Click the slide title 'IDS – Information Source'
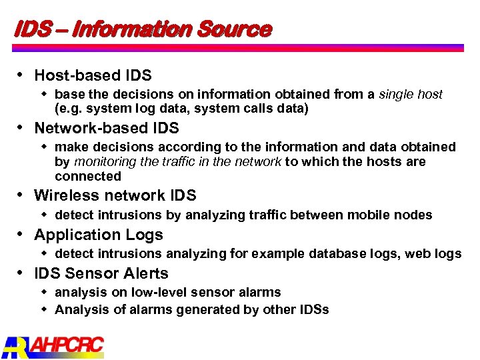[143, 29]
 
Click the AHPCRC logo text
[67, 345]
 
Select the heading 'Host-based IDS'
[93, 75]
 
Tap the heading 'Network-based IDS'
[107, 127]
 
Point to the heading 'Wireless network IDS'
[115, 195]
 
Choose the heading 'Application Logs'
[99, 235]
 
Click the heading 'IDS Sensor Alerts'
[101, 273]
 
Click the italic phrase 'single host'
[410, 95]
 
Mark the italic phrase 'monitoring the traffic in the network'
[177, 162]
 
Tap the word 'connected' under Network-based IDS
[88, 177]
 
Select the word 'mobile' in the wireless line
[374, 215]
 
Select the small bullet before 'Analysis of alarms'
[44, 309]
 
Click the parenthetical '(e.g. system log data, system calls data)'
[181, 109]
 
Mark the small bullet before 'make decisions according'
[44, 147]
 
